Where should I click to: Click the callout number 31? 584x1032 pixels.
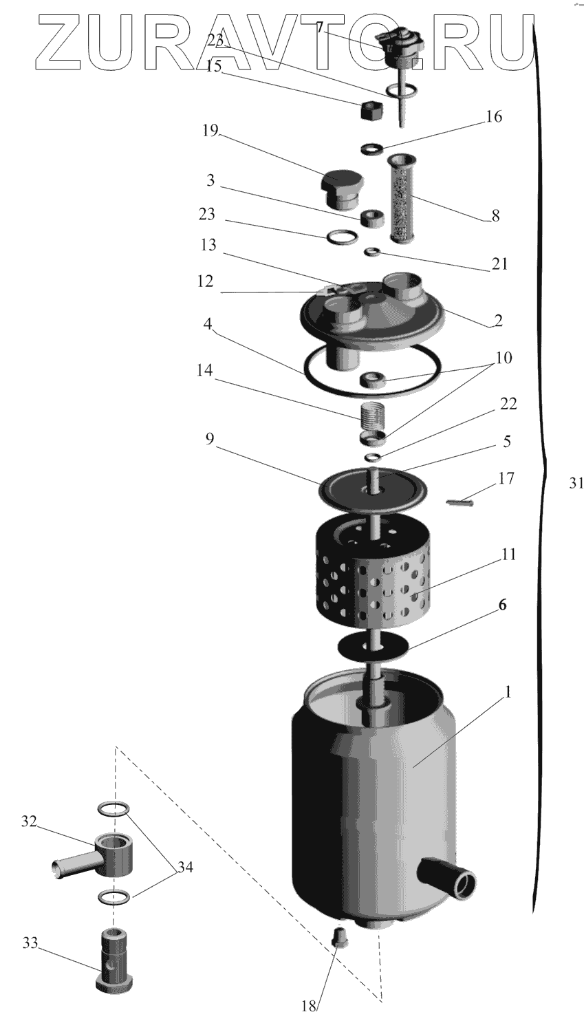pyautogui.click(x=576, y=483)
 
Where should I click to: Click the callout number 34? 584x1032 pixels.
pyautogui.click(x=185, y=868)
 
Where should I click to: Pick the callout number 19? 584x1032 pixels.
pyautogui.click(x=210, y=131)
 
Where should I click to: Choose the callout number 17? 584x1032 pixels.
pyautogui.click(x=506, y=478)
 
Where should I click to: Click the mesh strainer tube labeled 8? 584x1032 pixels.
pyautogui.click(x=402, y=198)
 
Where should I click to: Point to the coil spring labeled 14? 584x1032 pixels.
pyautogui.click(x=371, y=417)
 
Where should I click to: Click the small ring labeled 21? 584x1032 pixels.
pyautogui.click(x=373, y=251)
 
